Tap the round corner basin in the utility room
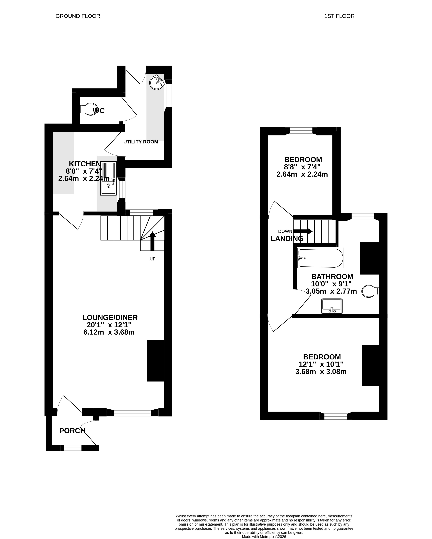coord(157,82)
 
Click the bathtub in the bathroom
coord(320,258)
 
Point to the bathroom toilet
coord(370,291)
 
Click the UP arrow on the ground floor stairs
coord(152,241)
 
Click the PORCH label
coord(72,431)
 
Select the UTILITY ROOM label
coord(141,142)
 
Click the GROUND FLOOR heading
coord(78,16)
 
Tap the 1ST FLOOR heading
coord(339,16)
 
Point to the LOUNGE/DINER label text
coord(110,317)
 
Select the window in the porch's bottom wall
coord(73,448)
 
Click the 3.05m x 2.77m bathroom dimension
coord(331,291)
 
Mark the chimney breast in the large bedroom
coord(371,365)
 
